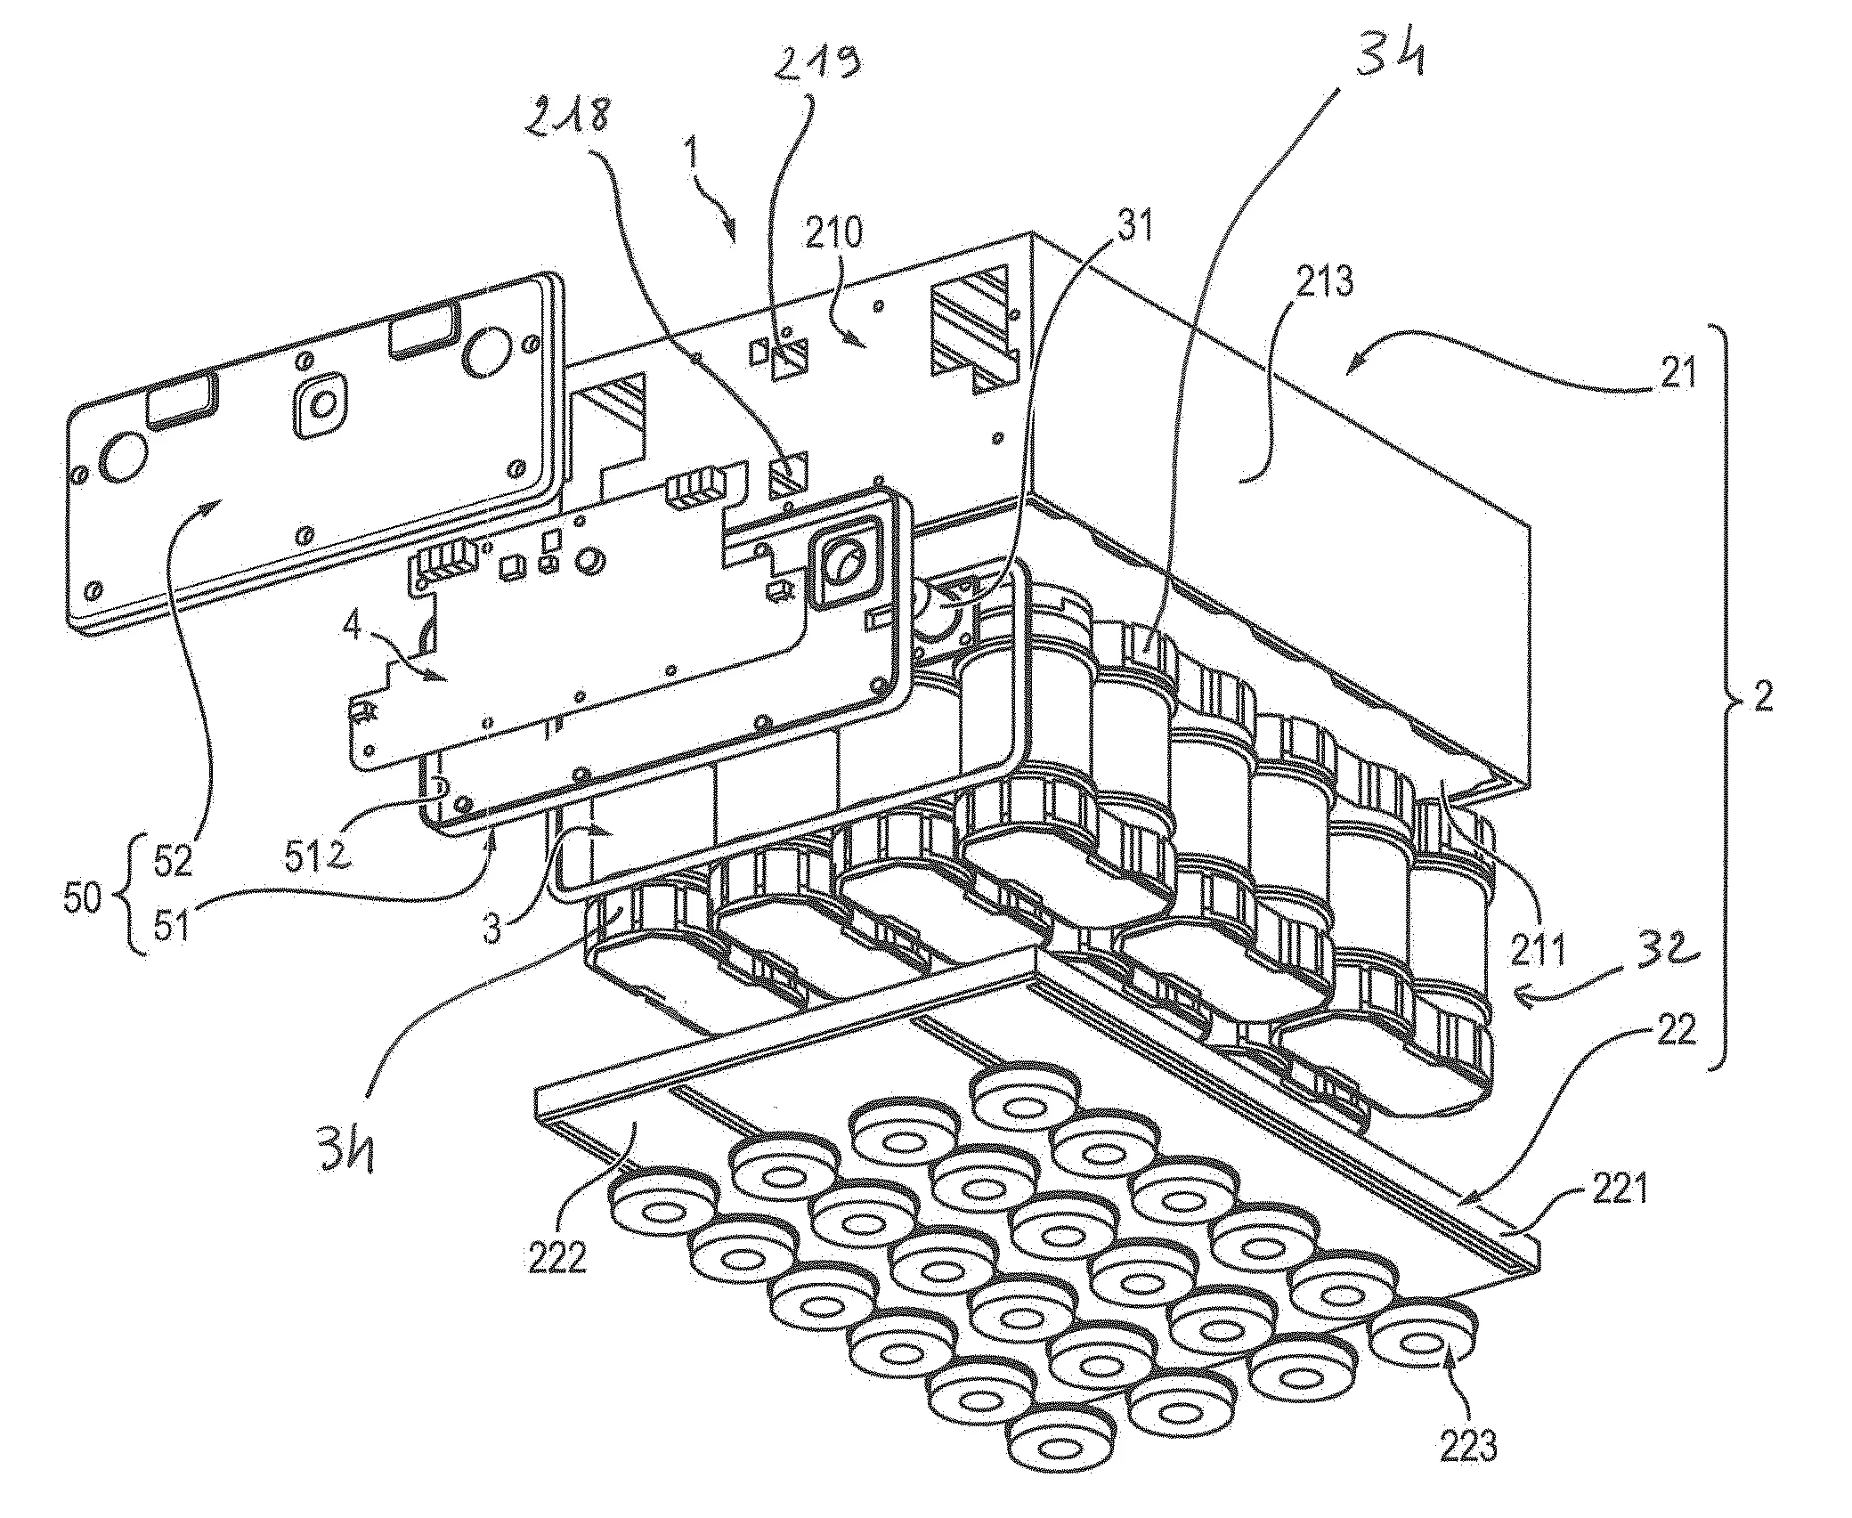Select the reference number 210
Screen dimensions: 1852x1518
[x=834, y=233]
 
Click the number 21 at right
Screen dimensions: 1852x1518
[x=1677, y=372]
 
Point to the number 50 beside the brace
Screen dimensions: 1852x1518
[x=83, y=899]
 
